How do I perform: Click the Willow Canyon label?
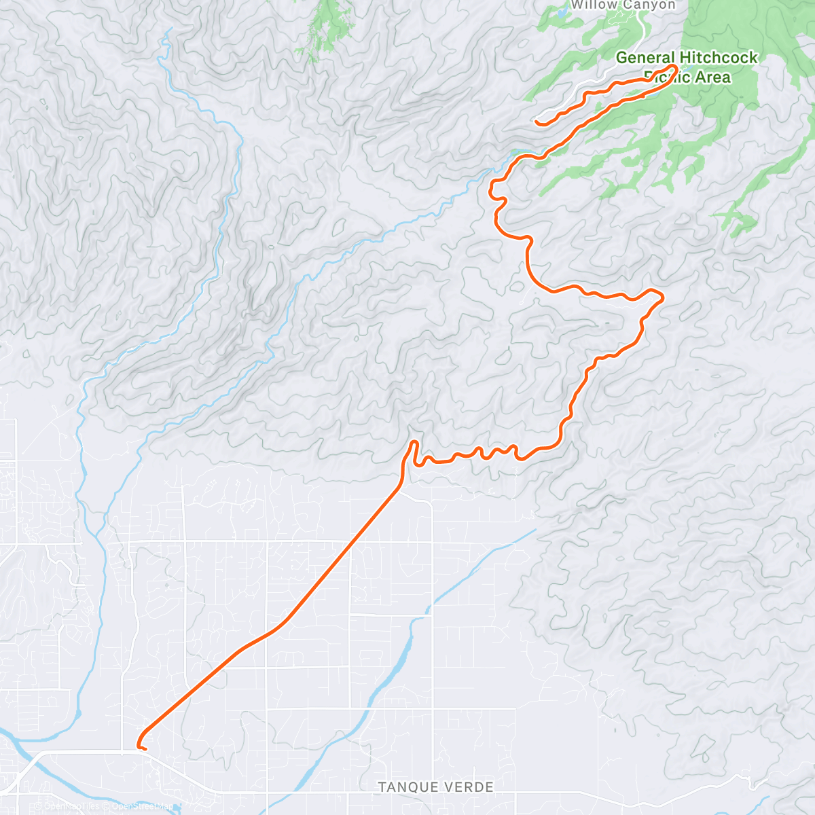click(x=623, y=5)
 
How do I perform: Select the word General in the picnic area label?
click(x=645, y=58)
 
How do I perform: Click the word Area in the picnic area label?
click(x=712, y=77)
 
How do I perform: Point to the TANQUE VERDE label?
click(x=435, y=787)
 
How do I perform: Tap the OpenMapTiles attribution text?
click(x=71, y=807)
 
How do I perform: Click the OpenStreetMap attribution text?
click(x=143, y=807)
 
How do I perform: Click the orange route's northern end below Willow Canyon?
click(x=537, y=122)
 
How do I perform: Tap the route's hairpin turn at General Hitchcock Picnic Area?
click(x=676, y=67)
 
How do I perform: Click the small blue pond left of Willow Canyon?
click(x=562, y=12)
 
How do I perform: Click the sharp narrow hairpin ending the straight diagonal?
click(x=413, y=443)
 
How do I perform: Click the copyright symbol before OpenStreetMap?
click(x=107, y=807)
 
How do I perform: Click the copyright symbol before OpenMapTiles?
click(x=39, y=807)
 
